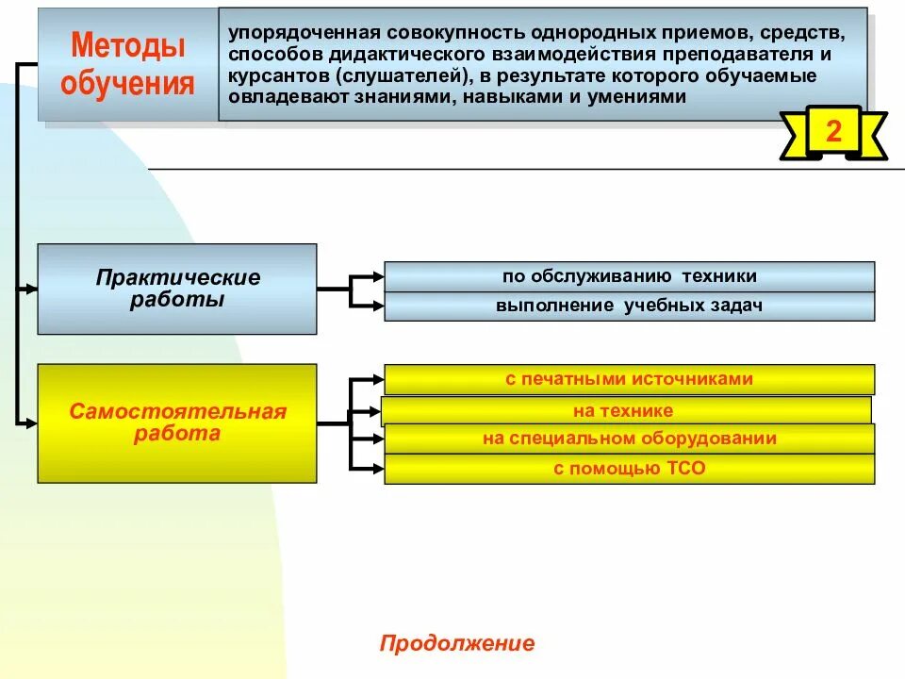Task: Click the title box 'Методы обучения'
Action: (x=127, y=64)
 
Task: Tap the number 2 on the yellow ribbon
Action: (x=833, y=132)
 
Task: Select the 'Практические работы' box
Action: (x=177, y=289)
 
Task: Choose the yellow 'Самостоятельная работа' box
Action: (x=177, y=423)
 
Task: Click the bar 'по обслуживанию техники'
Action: (x=629, y=276)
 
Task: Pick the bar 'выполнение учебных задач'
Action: (x=629, y=306)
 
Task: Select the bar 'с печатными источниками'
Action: (x=629, y=379)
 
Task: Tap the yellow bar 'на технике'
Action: (x=624, y=411)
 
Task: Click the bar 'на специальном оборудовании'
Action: (x=629, y=439)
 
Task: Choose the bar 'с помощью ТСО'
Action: (x=629, y=469)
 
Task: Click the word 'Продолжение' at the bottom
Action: (x=457, y=644)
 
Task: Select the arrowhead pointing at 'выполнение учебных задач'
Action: (x=378, y=306)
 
